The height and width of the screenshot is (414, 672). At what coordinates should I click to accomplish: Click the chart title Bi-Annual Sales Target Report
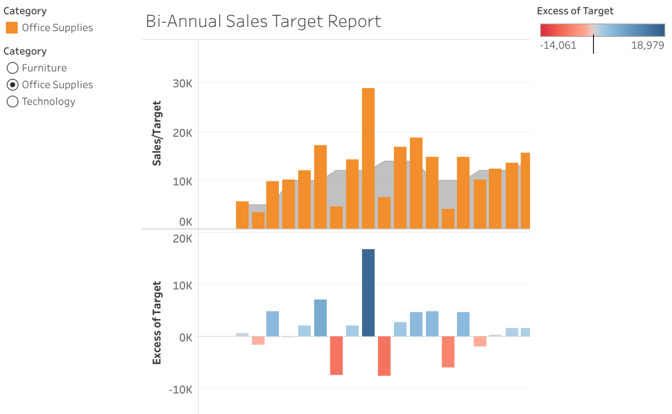[x=263, y=21]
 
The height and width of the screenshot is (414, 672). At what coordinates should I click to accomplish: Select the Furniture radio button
[x=13, y=68]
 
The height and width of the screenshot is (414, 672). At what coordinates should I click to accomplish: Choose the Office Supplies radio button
[x=13, y=85]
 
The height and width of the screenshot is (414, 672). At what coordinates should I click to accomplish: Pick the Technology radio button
[x=13, y=102]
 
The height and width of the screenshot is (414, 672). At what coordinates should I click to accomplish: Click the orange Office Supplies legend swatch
[x=11, y=28]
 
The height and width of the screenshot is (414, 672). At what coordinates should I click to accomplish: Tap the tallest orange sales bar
[x=368, y=158]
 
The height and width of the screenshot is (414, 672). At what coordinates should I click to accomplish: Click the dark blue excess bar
[x=368, y=292]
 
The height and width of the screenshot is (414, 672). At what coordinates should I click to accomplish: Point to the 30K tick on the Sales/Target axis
[x=182, y=83]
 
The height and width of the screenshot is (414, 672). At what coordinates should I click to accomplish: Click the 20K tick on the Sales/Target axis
[x=182, y=133]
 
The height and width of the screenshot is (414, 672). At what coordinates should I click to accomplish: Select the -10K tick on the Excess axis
[x=181, y=389]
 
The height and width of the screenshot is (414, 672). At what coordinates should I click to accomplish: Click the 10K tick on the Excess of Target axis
[x=182, y=285]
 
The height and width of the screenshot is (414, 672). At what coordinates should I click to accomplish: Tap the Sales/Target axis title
[x=157, y=133]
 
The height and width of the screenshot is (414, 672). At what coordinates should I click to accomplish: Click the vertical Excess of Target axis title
[x=157, y=322]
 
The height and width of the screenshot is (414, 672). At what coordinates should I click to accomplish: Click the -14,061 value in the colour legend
[x=558, y=45]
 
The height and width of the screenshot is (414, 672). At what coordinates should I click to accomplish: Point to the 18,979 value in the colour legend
[x=647, y=45]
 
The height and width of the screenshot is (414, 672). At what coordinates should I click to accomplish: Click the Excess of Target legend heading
[x=575, y=11]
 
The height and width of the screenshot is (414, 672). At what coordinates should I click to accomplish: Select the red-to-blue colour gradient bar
[x=602, y=30]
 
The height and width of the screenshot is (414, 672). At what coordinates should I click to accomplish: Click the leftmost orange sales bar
[x=242, y=215]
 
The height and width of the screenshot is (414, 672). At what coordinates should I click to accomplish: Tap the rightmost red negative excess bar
[x=480, y=341]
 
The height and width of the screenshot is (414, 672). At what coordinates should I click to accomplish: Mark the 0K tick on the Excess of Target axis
[x=185, y=337]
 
